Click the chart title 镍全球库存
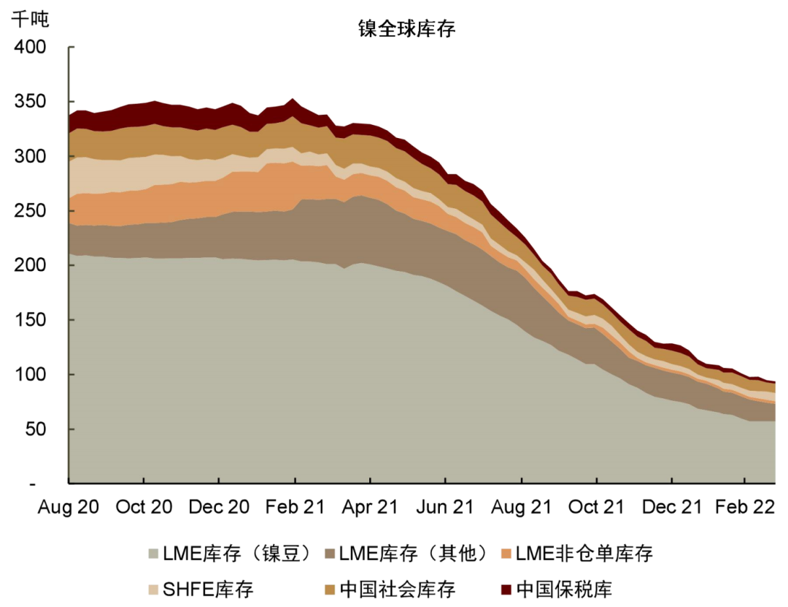point(406,28)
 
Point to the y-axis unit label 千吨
point(29,19)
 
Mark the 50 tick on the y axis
point(36,430)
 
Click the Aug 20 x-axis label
point(68,507)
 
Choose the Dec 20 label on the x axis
point(219,507)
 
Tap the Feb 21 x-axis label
point(295,507)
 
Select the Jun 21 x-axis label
point(445,507)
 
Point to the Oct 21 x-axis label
point(596,507)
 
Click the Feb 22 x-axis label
point(744,507)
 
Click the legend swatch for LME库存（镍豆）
point(153,554)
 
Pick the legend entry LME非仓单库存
point(584,554)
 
